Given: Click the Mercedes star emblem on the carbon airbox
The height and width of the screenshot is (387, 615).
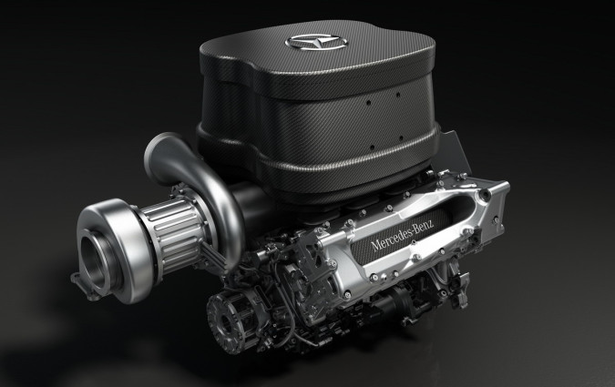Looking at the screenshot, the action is coord(316,42).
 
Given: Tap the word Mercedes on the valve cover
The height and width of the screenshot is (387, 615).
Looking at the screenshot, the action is coord(389,239).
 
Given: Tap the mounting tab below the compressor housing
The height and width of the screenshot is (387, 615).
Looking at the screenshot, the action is coord(81,284).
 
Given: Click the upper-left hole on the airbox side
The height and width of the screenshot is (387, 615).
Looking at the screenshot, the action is coord(368,102).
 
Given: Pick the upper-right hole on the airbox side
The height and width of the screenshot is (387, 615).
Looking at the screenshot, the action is coord(398,95).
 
